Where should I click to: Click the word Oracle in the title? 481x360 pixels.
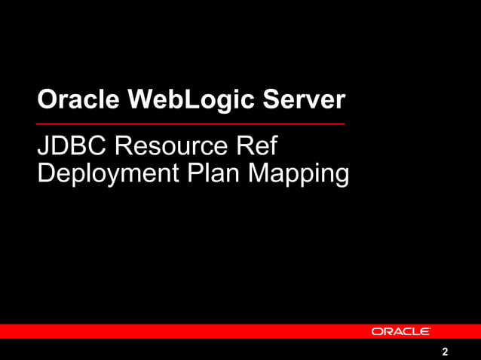tap(72, 99)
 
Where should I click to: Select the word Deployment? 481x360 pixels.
tap(102, 173)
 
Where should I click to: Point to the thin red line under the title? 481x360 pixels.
tap(191, 123)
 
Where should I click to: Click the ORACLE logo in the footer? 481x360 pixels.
tap(400, 331)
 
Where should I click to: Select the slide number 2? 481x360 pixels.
tap(445, 352)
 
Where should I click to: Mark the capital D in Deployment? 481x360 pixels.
tap(45, 172)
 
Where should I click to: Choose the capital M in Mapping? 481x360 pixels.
tap(260, 172)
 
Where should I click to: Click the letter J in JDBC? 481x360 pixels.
tap(42, 146)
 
